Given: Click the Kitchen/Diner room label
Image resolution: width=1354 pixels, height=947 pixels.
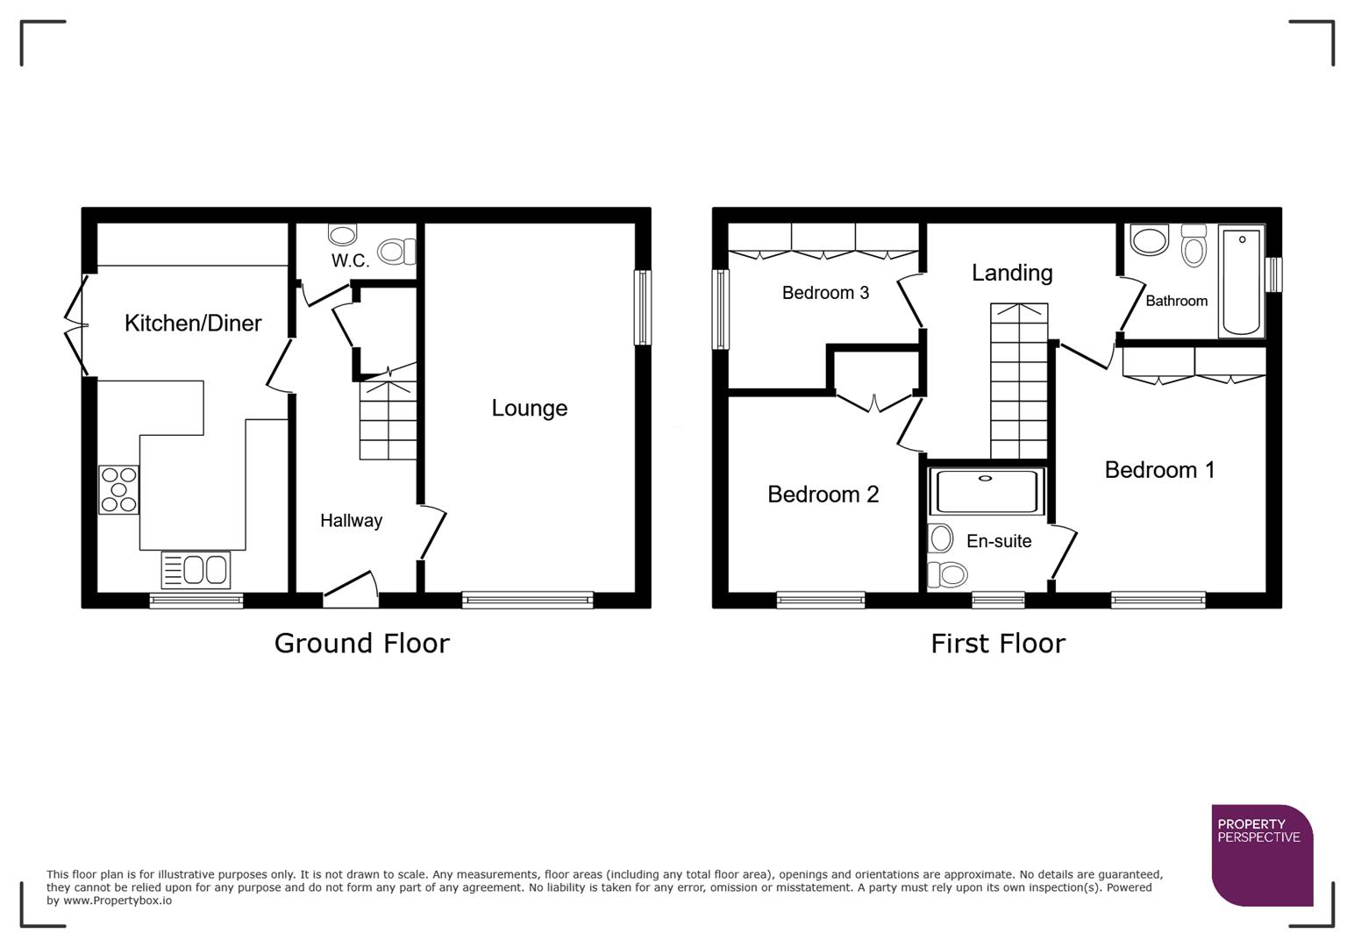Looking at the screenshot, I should [193, 324].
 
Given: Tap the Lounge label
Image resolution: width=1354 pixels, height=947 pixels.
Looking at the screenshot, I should [529, 408].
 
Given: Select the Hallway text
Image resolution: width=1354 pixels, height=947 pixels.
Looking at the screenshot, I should [351, 521].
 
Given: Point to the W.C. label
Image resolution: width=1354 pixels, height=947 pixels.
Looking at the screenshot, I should [350, 260].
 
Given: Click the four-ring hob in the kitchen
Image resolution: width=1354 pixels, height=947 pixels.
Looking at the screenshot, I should [118, 489].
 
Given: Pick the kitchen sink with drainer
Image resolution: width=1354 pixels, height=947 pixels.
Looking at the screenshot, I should [196, 570].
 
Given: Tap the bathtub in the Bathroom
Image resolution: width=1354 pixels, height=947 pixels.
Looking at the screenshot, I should [1241, 281].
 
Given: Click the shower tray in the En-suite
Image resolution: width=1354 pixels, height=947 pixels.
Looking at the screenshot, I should [987, 491].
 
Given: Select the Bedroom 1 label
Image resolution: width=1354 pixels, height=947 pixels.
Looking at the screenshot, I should [1159, 470].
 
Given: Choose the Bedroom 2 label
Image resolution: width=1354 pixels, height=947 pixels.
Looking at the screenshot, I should [823, 495].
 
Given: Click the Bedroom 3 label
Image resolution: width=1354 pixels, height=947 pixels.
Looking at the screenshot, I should [825, 293].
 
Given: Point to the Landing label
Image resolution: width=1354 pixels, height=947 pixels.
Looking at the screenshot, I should [1011, 273].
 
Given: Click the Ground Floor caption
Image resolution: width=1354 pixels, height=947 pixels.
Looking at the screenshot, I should [361, 644].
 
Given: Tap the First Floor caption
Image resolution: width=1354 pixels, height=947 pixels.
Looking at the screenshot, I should [997, 644].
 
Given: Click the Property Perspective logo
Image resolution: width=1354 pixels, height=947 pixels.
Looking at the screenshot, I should [1261, 855].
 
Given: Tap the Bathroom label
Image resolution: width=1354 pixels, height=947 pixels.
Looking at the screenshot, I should [1176, 301].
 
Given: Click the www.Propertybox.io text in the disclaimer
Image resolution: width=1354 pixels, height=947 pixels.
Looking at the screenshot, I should [117, 901].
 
